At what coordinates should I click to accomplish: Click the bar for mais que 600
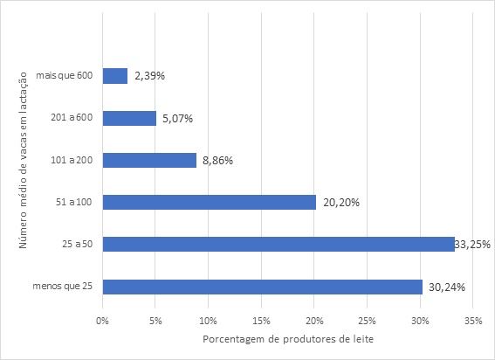[115, 76]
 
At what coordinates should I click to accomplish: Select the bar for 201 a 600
[129, 118]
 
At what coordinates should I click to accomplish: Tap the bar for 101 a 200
[149, 160]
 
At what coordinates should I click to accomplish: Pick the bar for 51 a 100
[210, 202]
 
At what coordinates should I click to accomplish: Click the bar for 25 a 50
[278, 244]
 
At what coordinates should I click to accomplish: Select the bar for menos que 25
[263, 287]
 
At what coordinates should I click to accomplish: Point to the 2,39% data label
[148, 76]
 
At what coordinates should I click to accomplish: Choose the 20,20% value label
[340, 203]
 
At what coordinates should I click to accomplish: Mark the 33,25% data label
[471, 245]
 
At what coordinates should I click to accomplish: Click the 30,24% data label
[445, 287]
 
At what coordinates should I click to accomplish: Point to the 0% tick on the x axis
[103, 320]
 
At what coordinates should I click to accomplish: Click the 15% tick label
[262, 320]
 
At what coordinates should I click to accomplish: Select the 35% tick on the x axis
[474, 320]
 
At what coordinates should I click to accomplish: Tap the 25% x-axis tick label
[368, 320]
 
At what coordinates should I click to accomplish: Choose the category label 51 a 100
[78, 203]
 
